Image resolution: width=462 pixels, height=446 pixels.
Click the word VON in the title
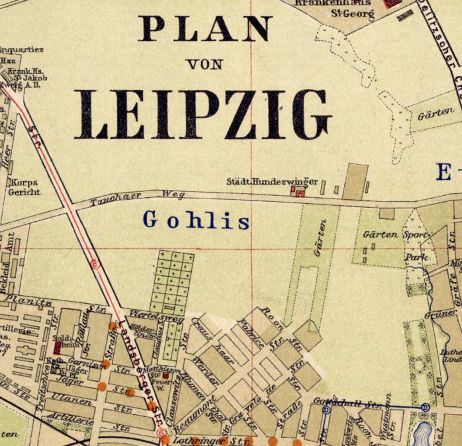click(x=205, y=65)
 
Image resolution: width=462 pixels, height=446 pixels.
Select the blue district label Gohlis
click(x=197, y=221)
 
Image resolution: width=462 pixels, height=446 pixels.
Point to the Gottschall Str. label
click(x=346, y=402)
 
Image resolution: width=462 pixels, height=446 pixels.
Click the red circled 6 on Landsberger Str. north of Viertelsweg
click(x=95, y=264)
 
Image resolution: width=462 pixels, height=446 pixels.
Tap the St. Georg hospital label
click(x=353, y=13)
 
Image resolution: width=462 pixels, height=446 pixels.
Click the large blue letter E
click(x=444, y=172)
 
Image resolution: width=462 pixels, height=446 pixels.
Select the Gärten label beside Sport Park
click(x=380, y=234)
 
